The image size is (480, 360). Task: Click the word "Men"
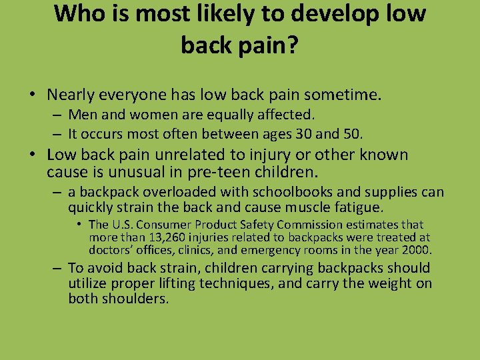[x=81, y=115]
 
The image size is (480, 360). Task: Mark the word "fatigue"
[x=359, y=207]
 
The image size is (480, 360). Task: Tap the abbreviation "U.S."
[x=123, y=225]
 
